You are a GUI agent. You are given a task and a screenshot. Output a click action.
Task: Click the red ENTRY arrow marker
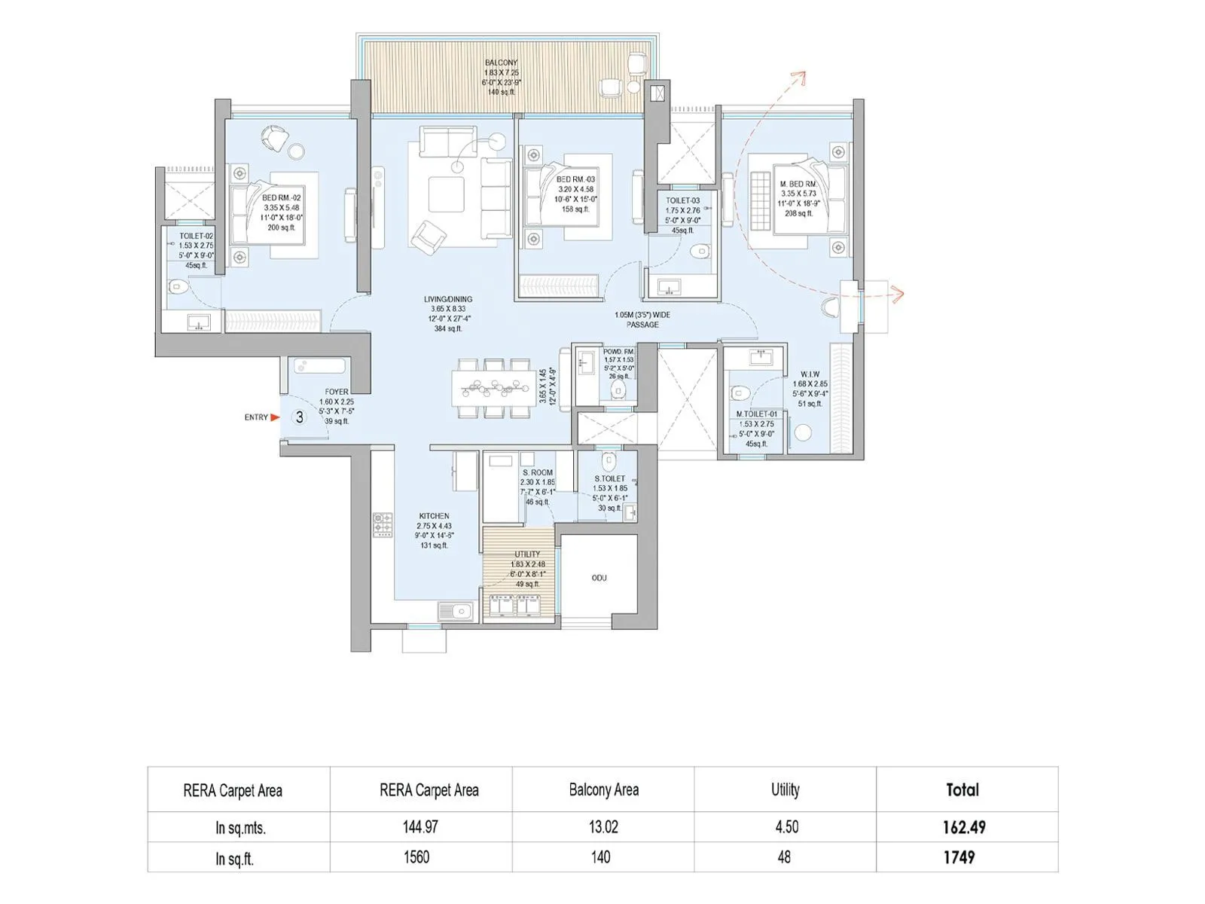click(x=275, y=417)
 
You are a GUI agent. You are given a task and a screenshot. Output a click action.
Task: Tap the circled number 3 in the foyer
click(x=300, y=417)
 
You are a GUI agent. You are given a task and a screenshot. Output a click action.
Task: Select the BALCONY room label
click(x=501, y=63)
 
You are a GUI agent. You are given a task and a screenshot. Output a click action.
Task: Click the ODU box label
click(x=599, y=578)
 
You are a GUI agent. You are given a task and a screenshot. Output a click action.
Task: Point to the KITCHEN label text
click(x=435, y=516)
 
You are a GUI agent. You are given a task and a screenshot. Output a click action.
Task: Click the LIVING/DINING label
click(x=448, y=299)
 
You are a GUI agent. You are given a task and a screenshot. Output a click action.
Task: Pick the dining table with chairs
click(x=493, y=388)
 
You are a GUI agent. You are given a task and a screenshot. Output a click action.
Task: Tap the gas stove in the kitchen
click(x=383, y=525)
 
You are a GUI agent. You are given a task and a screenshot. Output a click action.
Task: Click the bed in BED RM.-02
click(x=275, y=215)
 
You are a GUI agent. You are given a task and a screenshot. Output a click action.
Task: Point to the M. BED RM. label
click(x=798, y=184)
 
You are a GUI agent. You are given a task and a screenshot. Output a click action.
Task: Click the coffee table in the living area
click(x=447, y=194)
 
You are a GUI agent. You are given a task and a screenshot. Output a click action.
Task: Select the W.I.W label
click(x=810, y=374)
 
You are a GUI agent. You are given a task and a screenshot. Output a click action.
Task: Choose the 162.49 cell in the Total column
click(x=964, y=827)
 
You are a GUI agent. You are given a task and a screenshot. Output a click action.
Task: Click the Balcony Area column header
click(x=603, y=789)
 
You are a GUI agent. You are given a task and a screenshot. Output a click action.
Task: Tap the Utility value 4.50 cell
click(x=786, y=827)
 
